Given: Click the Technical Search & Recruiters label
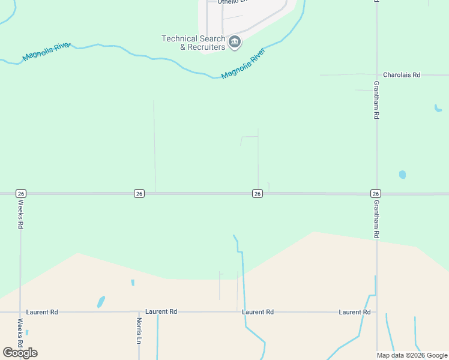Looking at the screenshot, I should (193, 43).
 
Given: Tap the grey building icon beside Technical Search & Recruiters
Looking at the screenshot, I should (235, 42).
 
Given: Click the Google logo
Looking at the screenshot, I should (20, 352).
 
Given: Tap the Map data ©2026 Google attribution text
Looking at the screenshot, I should (412, 355).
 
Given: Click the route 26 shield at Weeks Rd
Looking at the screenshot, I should (21, 193).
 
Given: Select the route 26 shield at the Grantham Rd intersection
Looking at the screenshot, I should (376, 193).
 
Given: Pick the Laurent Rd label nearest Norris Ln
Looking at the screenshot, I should (161, 312).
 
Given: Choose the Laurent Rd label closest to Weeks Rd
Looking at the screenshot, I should (42, 312).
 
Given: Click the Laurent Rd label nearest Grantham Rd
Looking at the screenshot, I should (355, 312).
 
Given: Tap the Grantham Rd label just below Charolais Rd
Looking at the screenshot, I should (376, 100).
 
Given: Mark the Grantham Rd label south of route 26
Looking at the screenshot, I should (376, 219).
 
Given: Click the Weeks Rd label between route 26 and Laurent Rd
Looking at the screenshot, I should (20, 214).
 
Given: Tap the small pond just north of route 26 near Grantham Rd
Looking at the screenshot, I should (402, 175).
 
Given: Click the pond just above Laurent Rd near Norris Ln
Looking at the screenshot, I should (101, 301).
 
